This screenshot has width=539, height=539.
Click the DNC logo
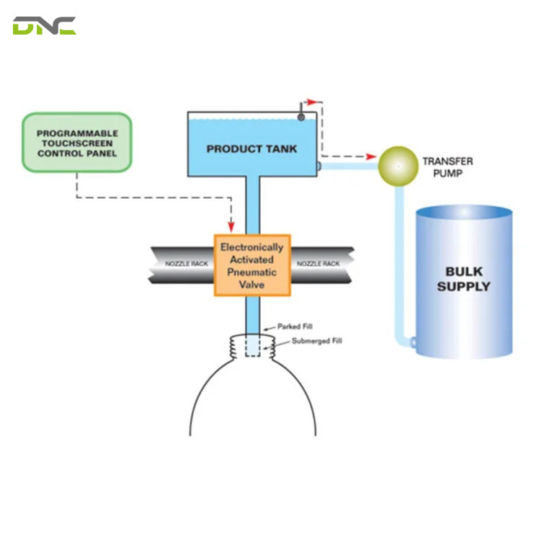(45, 26)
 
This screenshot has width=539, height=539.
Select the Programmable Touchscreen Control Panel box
(77, 142)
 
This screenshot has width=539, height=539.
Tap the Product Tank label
(251, 149)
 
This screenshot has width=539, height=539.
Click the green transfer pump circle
(398, 166)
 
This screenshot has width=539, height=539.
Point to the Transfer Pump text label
(447, 167)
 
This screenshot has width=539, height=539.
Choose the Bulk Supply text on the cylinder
(464, 279)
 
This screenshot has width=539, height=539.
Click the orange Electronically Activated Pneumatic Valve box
(252, 265)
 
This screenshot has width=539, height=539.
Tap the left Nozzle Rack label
(187, 264)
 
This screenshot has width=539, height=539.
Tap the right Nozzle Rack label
(318, 264)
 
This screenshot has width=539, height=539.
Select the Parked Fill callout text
(295, 326)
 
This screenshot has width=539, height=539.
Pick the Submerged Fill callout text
(317, 341)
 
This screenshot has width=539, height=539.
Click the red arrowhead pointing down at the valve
(231, 226)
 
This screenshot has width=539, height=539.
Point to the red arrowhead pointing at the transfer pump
(371, 157)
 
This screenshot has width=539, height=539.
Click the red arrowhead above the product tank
(312, 102)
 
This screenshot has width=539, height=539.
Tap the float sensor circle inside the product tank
(301, 117)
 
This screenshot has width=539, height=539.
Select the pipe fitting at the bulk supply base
(413, 342)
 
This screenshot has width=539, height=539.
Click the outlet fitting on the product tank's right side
(319, 166)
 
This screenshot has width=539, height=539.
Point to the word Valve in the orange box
(251, 285)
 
